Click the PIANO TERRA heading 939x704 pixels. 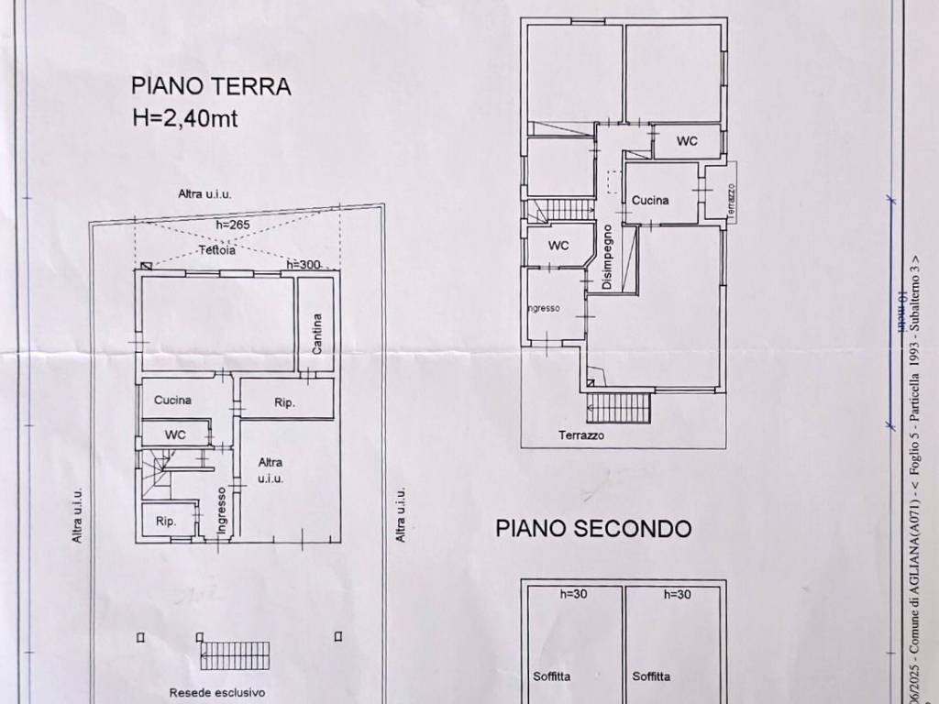tap(211, 87)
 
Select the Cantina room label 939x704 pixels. tap(316, 335)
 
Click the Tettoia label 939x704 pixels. tap(218, 249)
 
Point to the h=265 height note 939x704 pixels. tap(233, 225)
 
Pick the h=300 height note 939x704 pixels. tap(303, 265)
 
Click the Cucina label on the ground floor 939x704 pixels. tap(172, 401)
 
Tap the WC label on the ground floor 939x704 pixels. tap(175, 434)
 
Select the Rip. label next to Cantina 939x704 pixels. tap(284, 402)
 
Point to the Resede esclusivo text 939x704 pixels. tap(217, 693)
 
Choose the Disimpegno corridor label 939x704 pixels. tap(607, 258)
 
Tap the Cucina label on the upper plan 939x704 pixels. tap(650, 200)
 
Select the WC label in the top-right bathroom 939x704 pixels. tap(687, 141)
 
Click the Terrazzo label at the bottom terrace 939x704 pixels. tap(581, 436)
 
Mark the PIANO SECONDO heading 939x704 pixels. tap(593, 529)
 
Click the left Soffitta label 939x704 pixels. tap(551, 677)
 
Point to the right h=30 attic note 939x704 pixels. tap(676, 595)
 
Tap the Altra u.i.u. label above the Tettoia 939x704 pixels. tap(204, 194)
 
